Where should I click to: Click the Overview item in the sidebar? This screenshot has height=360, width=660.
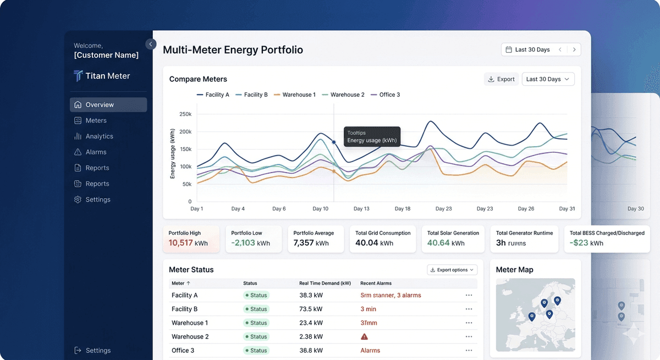tap(100, 104)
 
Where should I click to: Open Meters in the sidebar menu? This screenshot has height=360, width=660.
tap(96, 120)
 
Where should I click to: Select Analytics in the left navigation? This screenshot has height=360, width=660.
tap(99, 136)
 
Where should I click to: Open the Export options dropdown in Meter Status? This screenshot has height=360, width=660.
tap(452, 270)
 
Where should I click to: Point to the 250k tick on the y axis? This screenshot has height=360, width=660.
tap(185, 114)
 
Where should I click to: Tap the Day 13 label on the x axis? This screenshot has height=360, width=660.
tap(361, 209)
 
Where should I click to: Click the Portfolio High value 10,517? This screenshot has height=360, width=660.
tap(180, 243)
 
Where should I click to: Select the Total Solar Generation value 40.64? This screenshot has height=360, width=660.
tap(438, 243)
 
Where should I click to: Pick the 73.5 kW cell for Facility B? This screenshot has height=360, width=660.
tap(311, 309)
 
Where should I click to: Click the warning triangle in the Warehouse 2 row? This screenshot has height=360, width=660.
tap(364, 336)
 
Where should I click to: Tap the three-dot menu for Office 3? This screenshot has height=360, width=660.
tap(469, 350)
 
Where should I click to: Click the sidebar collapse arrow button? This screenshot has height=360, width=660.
tap(151, 44)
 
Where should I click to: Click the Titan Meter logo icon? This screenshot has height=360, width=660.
tap(78, 76)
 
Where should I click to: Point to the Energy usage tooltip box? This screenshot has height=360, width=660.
tap(372, 136)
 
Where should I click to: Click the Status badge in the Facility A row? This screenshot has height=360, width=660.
tap(256, 295)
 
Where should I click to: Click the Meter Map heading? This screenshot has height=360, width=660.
tap(514, 270)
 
